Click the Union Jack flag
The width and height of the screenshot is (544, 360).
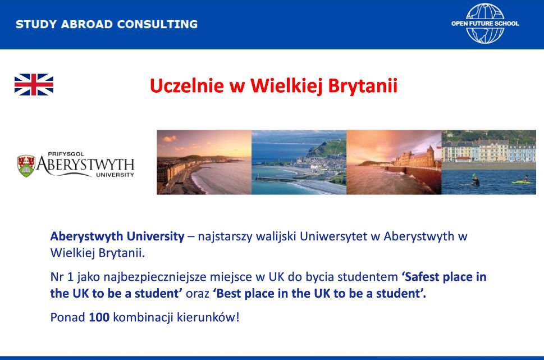[34, 84]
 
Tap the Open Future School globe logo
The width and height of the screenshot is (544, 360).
[485, 24]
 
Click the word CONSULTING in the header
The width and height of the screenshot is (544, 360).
[157, 24]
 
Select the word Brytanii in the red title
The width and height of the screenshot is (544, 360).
[363, 86]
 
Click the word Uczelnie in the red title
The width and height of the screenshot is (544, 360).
[186, 86]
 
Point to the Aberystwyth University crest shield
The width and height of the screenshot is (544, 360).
[26, 166]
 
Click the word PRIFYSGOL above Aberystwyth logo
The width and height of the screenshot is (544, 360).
[66, 154]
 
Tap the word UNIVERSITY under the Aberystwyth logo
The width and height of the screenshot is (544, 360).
[115, 175]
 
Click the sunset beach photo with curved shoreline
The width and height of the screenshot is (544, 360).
[204, 162]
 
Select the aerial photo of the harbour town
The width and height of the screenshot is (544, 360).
[299, 162]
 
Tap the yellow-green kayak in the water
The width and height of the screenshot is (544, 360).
[522, 181]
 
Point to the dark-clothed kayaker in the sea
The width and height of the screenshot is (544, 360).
[475, 180]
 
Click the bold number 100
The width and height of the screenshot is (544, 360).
[99, 317]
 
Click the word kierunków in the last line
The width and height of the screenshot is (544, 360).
[206, 317]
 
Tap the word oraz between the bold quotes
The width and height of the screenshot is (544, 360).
[198, 294]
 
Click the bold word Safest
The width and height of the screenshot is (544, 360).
[422, 277]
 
